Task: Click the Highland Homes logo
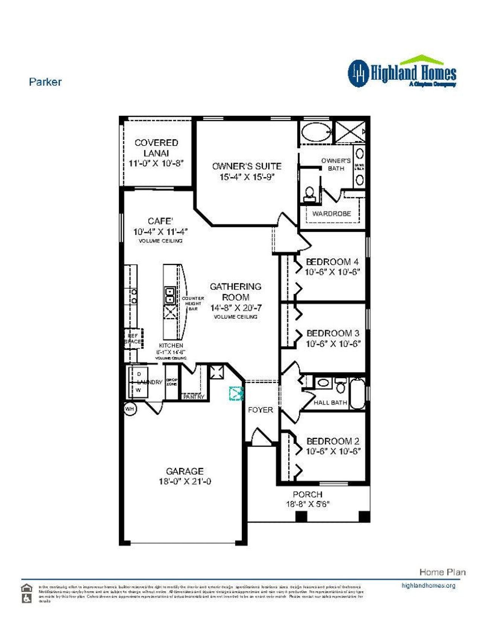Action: pyautogui.click(x=402, y=73)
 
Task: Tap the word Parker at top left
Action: pyautogui.click(x=45, y=82)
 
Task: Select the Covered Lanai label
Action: pyautogui.click(x=156, y=148)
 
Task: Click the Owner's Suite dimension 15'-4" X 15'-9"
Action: pyautogui.click(x=247, y=177)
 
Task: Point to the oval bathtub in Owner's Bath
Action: pyautogui.click(x=316, y=132)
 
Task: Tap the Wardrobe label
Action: pyautogui.click(x=331, y=214)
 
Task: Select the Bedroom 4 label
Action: pyautogui.click(x=332, y=262)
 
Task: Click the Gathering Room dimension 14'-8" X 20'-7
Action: pyautogui.click(x=236, y=308)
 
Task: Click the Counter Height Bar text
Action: pyautogui.click(x=193, y=303)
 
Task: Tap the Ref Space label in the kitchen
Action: pyautogui.click(x=133, y=339)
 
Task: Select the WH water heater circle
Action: pyautogui.click(x=130, y=409)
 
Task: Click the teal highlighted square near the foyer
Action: pyautogui.click(x=236, y=394)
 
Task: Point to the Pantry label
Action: pyautogui.click(x=194, y=397)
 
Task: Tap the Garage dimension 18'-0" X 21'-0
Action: pyautogui.click(x=185, y=481)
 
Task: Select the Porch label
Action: pyautogui.click(x=308, y=494)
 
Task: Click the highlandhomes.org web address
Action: pyautogui.click(x=428, y=585)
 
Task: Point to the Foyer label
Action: pyautogui.click(x=260, y=410)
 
